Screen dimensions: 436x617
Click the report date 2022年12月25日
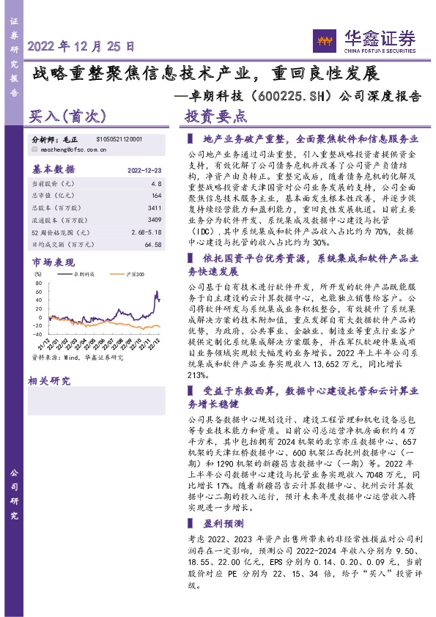81,45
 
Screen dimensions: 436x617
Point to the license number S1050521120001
119,138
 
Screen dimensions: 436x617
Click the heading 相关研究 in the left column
48,380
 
